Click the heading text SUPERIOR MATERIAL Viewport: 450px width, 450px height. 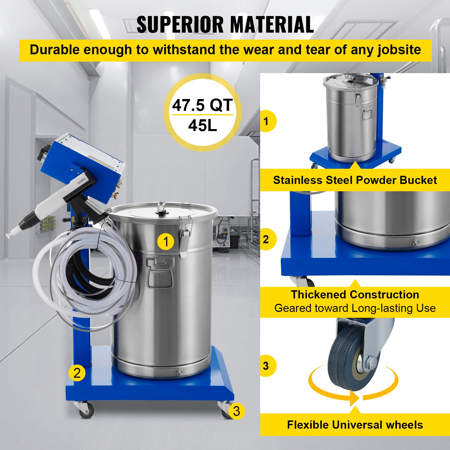tap(225, 25)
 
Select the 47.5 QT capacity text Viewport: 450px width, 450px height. tap(202, 105)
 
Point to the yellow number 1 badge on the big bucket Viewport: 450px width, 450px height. tap(166, 242)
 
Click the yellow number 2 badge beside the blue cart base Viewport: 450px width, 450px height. tap(77, 373)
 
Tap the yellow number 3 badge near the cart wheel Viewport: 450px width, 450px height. tap(236, 411)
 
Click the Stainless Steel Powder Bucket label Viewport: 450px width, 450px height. tap(355, 180)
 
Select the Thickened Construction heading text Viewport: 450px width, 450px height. tap(355, 294)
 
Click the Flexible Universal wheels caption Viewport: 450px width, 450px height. tap(355, 425)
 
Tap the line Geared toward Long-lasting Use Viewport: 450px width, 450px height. tap(355, 308)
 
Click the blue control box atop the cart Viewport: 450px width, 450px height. tap(84, 166)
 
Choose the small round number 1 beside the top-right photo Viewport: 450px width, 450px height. tap(266, 121)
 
